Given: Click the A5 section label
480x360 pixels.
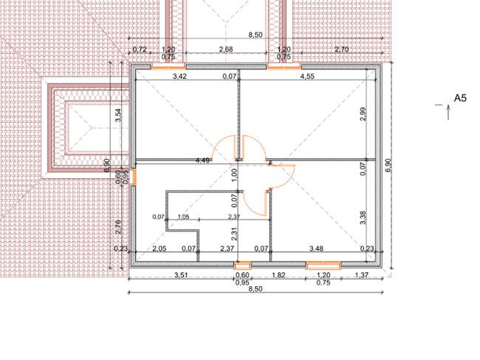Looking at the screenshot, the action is pyautogui.click(x=460, y=98).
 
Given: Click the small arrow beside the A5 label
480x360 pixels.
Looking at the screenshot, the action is pyautogui.click(x=448, y=112).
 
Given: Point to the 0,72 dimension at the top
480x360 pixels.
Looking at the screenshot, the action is pyautogui.click(x=140, y=50).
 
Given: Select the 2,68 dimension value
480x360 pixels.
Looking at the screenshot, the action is pyautogui.click(x=226, y=49).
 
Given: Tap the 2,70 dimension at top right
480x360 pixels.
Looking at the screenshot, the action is pyautogui.click(x=341, y=50).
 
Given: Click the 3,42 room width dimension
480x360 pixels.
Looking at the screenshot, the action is pyautogui.click(x=179, y=76).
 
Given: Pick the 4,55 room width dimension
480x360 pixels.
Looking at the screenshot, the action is pyautogui.click(x=307, y=76).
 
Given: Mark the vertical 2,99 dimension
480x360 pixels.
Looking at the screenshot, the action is pyautogui.click(x=363, y=114).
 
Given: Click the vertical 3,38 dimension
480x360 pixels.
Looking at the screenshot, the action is pyautogui.click(x=363, y=217).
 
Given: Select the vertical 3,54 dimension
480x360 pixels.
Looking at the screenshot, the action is pyautogui.click(x=118, y=115).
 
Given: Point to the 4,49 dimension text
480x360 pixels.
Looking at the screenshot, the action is pyautogui.click(x=202, y=160).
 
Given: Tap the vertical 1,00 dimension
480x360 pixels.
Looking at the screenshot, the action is pyautogui.click(x=235, y=175).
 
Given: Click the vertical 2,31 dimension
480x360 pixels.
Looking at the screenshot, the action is pyautogui.click(x=235, y=234).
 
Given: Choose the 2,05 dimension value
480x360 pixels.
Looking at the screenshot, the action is pyautogui.click(x=160, y=248).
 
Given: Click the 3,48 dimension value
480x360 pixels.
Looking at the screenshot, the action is pyautogui.click(x=316, y=248).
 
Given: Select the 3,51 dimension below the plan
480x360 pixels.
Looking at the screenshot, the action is pyautogui.click(x=181, y=275).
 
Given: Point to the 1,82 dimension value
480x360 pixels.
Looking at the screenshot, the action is pyautogui.click(x=278, y=275).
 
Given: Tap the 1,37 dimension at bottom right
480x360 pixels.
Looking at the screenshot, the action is pyautogui.click(x=362, y=275).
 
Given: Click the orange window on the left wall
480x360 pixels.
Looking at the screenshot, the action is pyautogui.click(x=134, y=177).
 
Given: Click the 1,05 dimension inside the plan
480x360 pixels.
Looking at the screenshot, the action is pyautogui.click(x=183, y=217).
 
